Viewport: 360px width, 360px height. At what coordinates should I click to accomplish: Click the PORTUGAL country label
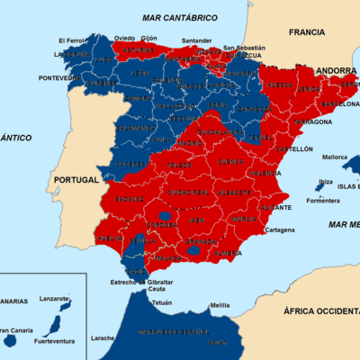point(76,180)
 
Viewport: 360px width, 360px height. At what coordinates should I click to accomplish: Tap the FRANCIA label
point(306,31)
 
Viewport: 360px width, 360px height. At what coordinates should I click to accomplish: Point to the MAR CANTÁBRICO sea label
point(179,17)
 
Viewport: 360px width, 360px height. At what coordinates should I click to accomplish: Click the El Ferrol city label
point(70,40)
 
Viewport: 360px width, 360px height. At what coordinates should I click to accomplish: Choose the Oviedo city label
point(124,38)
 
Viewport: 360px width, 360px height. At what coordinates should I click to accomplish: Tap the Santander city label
point(196,40)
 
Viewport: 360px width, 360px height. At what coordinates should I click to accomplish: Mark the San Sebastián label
point(245,48)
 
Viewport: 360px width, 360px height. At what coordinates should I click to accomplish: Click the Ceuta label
point(157,289)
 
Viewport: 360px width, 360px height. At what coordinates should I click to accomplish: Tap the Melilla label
point(220,306)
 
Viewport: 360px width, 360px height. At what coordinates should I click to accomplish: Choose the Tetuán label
point(161,303)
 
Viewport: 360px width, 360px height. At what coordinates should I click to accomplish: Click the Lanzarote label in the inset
point(56,298)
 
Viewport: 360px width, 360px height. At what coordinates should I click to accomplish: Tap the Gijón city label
point(148,39)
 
